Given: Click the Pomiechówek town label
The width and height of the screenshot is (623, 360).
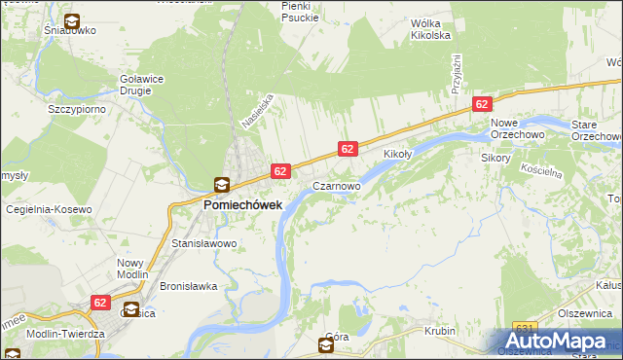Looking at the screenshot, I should (242, 205).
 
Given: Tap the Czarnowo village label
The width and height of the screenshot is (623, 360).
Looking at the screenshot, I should (337, 184).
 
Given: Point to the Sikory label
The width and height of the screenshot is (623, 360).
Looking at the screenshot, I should (495, 156).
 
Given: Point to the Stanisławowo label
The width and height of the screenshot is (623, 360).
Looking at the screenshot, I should (204, 243).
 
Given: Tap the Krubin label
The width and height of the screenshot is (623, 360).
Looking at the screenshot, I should (440, 331).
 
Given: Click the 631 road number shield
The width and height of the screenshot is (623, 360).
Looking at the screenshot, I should (527, 328).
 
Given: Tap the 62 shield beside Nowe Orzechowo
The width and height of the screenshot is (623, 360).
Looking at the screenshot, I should (481, 103).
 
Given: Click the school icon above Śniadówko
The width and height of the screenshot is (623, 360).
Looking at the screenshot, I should (72, 20).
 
